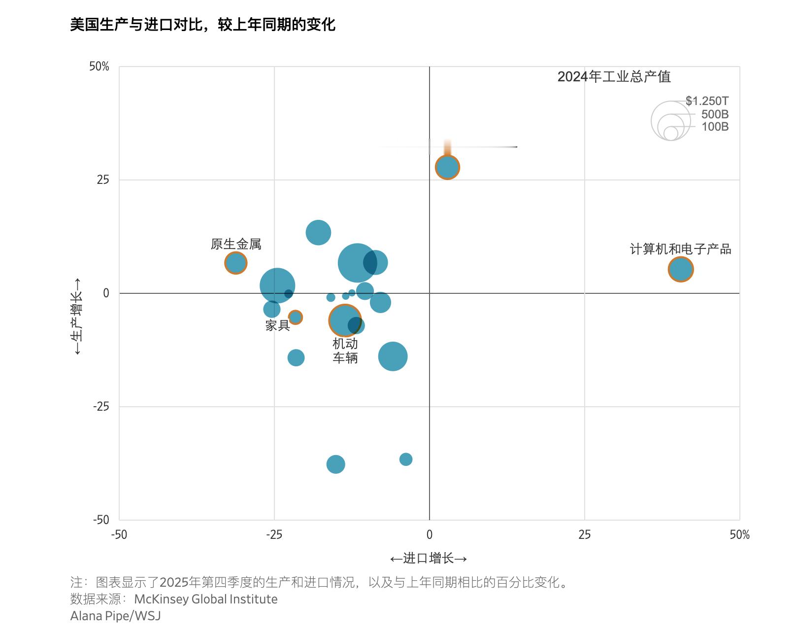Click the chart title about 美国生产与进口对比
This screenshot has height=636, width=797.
(202, 24)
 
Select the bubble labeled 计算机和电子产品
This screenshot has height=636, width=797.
(680, 269)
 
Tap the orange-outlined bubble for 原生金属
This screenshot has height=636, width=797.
(236, 263)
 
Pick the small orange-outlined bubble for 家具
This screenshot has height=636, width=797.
(295, 317)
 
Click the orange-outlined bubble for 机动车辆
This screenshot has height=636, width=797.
(345, 320)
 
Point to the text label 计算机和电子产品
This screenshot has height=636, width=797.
(680, 249)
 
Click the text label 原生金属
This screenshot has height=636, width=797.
(236, 244)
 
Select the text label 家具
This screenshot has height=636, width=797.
(277, 325)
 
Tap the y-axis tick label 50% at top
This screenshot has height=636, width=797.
(99, 67)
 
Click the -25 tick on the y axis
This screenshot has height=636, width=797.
(100, 407)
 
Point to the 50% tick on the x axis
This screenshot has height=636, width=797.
(739, 535)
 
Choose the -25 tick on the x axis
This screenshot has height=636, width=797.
(274, 535)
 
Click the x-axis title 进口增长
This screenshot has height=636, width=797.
(429, 558)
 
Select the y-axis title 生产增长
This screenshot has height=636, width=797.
(77, 316)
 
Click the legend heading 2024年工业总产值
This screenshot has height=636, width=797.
(614, 77)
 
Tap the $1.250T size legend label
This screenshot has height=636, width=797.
(707, 101)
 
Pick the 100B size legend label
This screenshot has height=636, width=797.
(715, 127)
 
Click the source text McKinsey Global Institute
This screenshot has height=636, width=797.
(206, 599)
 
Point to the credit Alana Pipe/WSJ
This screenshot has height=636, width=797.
(115, 616)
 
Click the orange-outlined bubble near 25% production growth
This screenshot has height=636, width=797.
(447, 167)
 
